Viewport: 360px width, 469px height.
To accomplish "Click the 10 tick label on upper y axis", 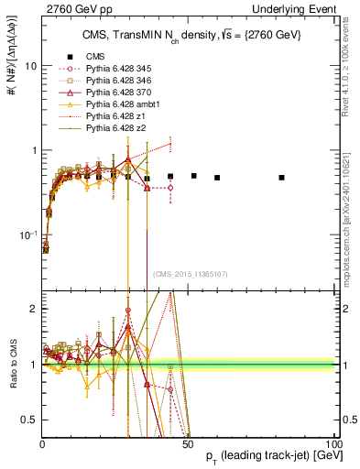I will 29,66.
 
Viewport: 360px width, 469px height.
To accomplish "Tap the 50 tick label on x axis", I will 188,443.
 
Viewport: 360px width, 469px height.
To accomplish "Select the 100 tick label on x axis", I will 333,443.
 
